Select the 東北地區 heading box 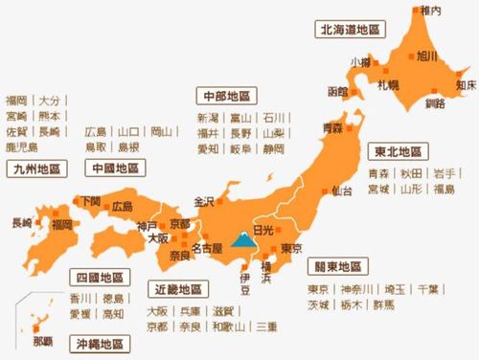point(398,153)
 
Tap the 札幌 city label point(388,85)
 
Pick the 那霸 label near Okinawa point(44,340)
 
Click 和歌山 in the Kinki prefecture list point(228,326)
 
